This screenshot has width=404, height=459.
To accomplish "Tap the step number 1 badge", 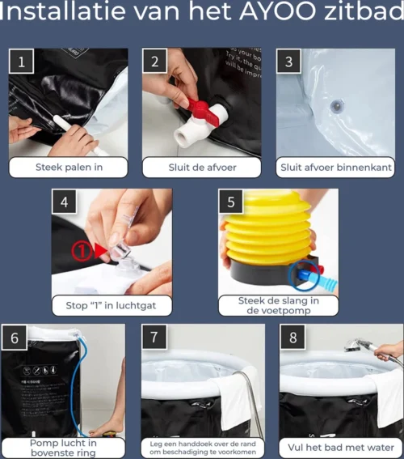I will point(21,62).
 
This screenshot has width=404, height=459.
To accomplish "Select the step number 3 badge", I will point(289,62).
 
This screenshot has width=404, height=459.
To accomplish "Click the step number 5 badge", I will point(232,202).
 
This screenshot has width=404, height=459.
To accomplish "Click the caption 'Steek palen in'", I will point(69,168).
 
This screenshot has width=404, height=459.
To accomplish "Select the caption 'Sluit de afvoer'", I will point(202,168).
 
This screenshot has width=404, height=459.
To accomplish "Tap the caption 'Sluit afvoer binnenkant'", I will point(335,168).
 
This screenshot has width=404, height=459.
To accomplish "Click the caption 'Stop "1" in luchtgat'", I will point(112,306).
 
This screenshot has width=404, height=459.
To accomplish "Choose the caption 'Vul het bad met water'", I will point(341,447).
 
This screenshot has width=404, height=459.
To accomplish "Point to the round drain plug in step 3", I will point(338,106).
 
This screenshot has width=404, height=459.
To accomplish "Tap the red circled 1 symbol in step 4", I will point(82,252).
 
